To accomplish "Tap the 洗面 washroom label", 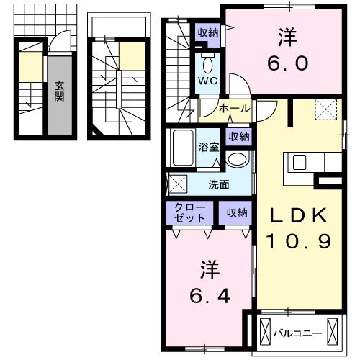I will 219,184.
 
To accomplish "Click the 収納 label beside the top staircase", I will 209,32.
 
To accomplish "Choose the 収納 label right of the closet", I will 237,212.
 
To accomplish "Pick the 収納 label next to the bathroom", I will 239,137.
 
